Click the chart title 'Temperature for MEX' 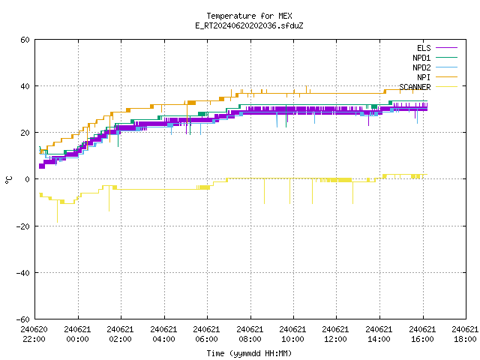point(249,16)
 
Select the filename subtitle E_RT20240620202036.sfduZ point(249,25)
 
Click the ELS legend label point(424,48)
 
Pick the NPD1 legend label point(421,58)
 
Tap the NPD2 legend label point(421,67)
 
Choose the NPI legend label point(424,77)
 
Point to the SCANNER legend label point(415,87)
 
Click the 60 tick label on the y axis point(25,40)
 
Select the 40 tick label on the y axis point(25,86)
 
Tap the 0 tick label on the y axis point(28,179)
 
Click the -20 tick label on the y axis point(23,226)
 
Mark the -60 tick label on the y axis point(23,319)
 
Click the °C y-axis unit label point(8,180)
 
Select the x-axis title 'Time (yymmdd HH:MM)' point(249,353)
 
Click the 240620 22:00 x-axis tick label point(34,334)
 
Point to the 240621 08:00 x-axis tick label point(250,334)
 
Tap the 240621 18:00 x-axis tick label point(465,334)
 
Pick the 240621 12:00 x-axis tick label point(336,334)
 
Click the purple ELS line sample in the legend point(446,48)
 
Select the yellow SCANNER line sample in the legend point(446,87)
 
